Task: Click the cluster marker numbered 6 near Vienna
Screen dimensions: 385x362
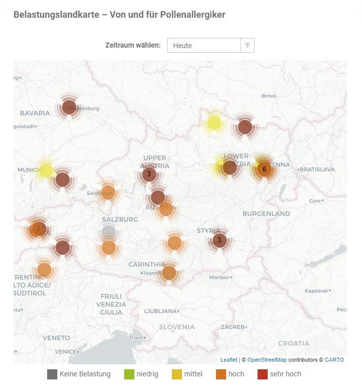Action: (x=264, y=169)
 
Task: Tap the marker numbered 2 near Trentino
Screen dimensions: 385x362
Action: (x=38, y=228)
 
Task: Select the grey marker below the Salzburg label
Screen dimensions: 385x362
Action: (x=108, y=233)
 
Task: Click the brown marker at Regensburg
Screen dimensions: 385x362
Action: (x=69, y=107)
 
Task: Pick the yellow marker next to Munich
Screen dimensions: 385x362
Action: (x=46, y=170)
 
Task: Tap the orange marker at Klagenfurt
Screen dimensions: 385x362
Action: (x=169, y=273)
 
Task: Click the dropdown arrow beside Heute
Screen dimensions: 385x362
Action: (x=247, y=46)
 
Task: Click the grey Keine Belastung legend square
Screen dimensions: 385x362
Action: (x=52, y=374)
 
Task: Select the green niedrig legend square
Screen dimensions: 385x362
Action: (x=129, y=374)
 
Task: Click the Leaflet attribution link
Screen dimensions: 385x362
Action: (x=229, y=360)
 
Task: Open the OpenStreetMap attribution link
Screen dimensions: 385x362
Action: (x=267, y=360)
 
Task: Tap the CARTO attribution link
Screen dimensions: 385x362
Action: (x=334, y=360)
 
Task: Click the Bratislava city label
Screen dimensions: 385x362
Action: (x=317, y=169)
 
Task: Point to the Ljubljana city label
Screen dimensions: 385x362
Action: (x=161, y=311)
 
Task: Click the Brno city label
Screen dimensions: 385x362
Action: (x=267, y=96)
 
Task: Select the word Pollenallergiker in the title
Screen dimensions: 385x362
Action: (x=192, y=15)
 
